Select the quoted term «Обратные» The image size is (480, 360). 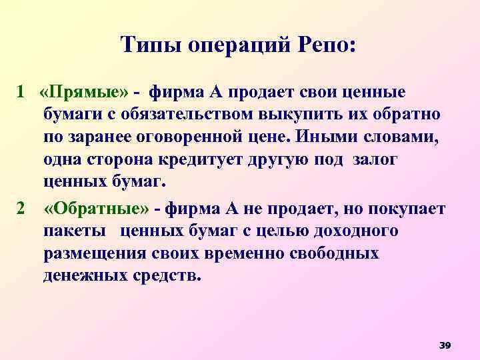(97, 210)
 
